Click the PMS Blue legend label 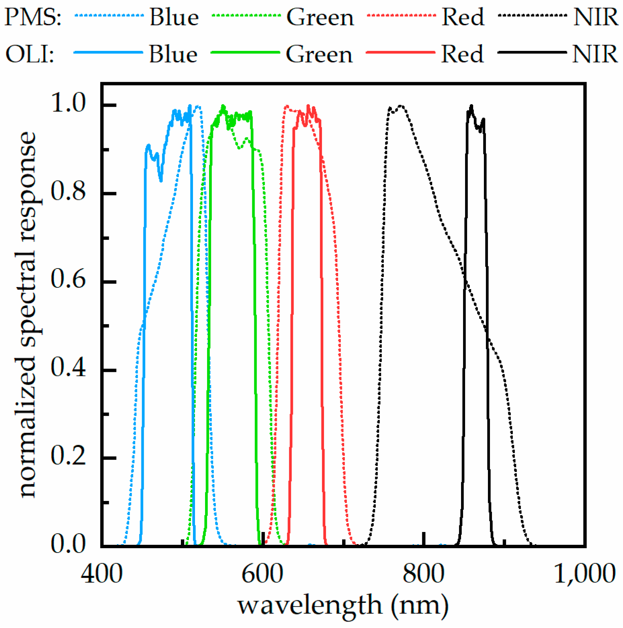click(174, 17)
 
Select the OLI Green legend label click(319, 54)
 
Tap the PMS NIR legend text click(596, 17)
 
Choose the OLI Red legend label click(462, 54)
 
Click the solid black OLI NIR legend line click(532, 52)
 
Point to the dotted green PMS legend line click(246, 15)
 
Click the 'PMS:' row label click(33, 17)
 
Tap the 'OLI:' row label click(30, 54)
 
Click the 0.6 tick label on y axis click(68, 279)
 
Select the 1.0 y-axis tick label click(68, 103)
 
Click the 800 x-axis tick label click(423, 574)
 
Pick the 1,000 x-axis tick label click(585, 574)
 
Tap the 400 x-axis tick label click(101, 574)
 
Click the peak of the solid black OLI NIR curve click(471, 106)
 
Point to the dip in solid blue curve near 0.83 click(161, 181)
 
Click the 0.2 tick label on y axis click(68, 456)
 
